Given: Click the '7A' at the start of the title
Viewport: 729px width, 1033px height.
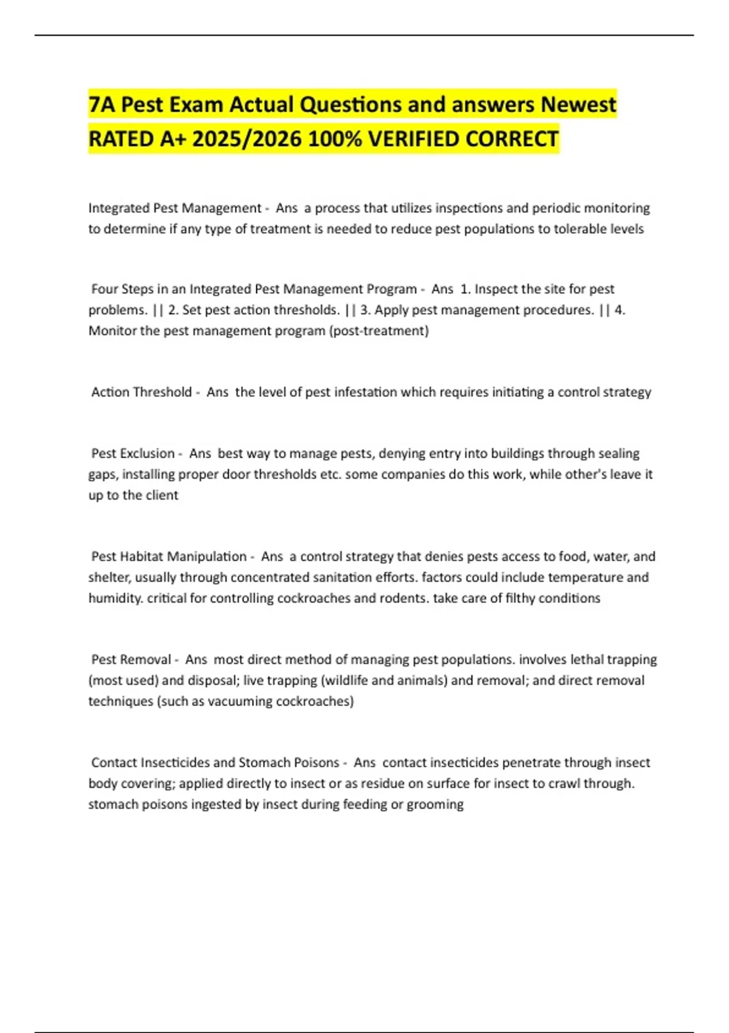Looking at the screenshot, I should [x=101, y=105].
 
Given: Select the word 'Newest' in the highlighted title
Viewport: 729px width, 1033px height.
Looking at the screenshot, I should [x=578, y=105].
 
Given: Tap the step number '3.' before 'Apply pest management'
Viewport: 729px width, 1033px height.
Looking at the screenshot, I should [x=365, y=310].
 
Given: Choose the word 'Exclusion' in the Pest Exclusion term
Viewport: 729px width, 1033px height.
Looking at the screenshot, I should [x=146, y=454].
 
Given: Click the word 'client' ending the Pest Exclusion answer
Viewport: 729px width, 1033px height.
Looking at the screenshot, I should [x=162, y=495].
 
